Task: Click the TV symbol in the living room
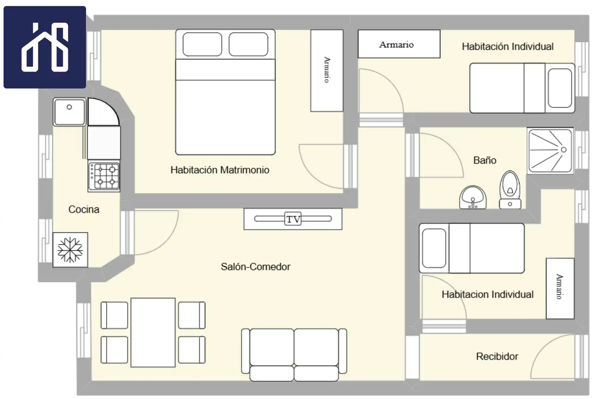click(x=293, y=219)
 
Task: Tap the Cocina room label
click(x=84, y=209)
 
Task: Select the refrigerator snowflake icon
click(x=70, y=250)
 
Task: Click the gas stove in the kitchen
click(x=104, y=176)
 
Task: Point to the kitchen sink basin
click(x=69, y=112)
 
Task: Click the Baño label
click(x=485, y=160)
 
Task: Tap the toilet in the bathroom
click(x=510, y=190)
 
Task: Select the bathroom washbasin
click(x=473, y=197)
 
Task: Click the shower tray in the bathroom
click(x=550, y=151)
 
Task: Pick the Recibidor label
click(x=497, y=357)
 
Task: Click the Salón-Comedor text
click(x=255, y=267)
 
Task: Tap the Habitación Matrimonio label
click(x=220, y=170)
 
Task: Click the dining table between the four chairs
click(x=153, y=332)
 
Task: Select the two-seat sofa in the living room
click(x=294, y=355)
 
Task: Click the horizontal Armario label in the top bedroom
click(x=397, y=44)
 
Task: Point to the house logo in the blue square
click(x=45, y=47)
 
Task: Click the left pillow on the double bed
click(x=202, y=44)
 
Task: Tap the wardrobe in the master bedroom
click(x=327, y=71)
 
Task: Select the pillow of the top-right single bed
click(x=560, y=88)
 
